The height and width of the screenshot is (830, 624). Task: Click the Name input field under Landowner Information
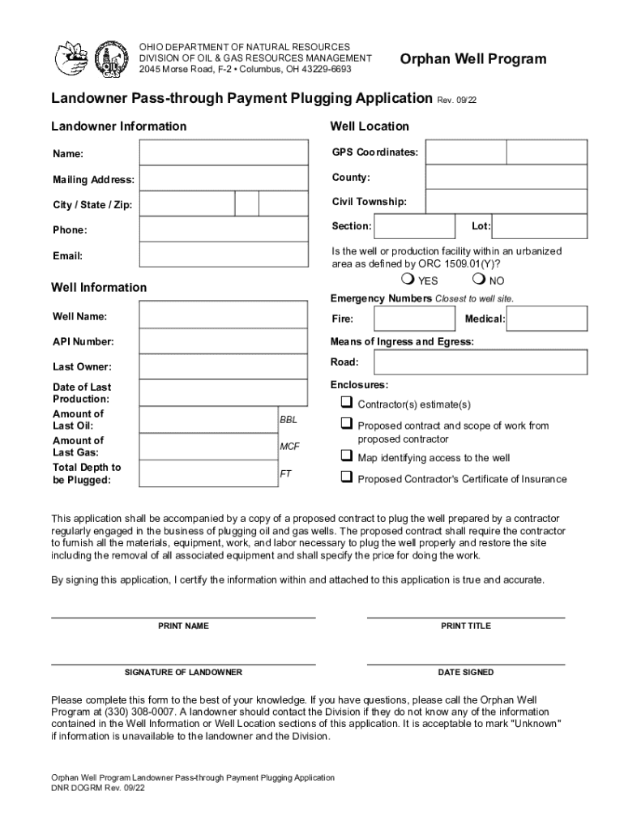click(x=224, y=152)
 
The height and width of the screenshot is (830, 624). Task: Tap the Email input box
click(x=224, y=255)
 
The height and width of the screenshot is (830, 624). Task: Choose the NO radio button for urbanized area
click(x=478, y=280)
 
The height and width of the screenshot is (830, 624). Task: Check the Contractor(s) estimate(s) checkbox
click(x=346, y=403)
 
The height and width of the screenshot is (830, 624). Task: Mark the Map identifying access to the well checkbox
click(x=346, y=456)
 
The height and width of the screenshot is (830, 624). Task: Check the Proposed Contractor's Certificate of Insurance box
click(x=346, y=477)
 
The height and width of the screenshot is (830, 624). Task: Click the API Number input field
click(x=224, y=341)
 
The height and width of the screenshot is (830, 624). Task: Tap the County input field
click(x=506, y=178)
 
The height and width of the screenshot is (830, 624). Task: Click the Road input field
click(x=480, y=362)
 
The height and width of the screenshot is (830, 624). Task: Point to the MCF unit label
click(x=289, y=447)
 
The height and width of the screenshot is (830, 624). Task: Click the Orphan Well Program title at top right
click(x=473, y=59)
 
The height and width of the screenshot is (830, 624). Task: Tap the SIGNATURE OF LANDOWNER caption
click(x=183, y=673)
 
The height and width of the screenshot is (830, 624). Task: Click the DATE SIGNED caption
click(x=465, y=673)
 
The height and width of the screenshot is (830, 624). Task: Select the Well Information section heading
click(x=99, y=288)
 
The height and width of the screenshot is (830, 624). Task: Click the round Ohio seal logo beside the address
click(x=109, y=58)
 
